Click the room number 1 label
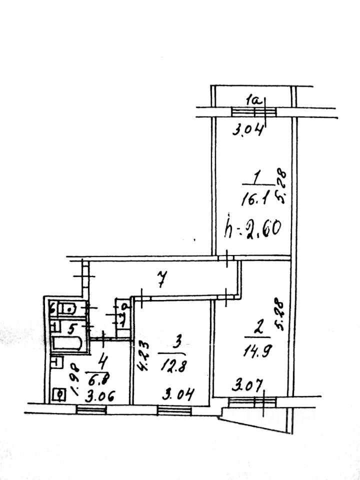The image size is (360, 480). click(256, 176)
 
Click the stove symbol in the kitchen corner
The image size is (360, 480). click(59, 395)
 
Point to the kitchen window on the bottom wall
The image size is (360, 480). click(91, 409)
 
